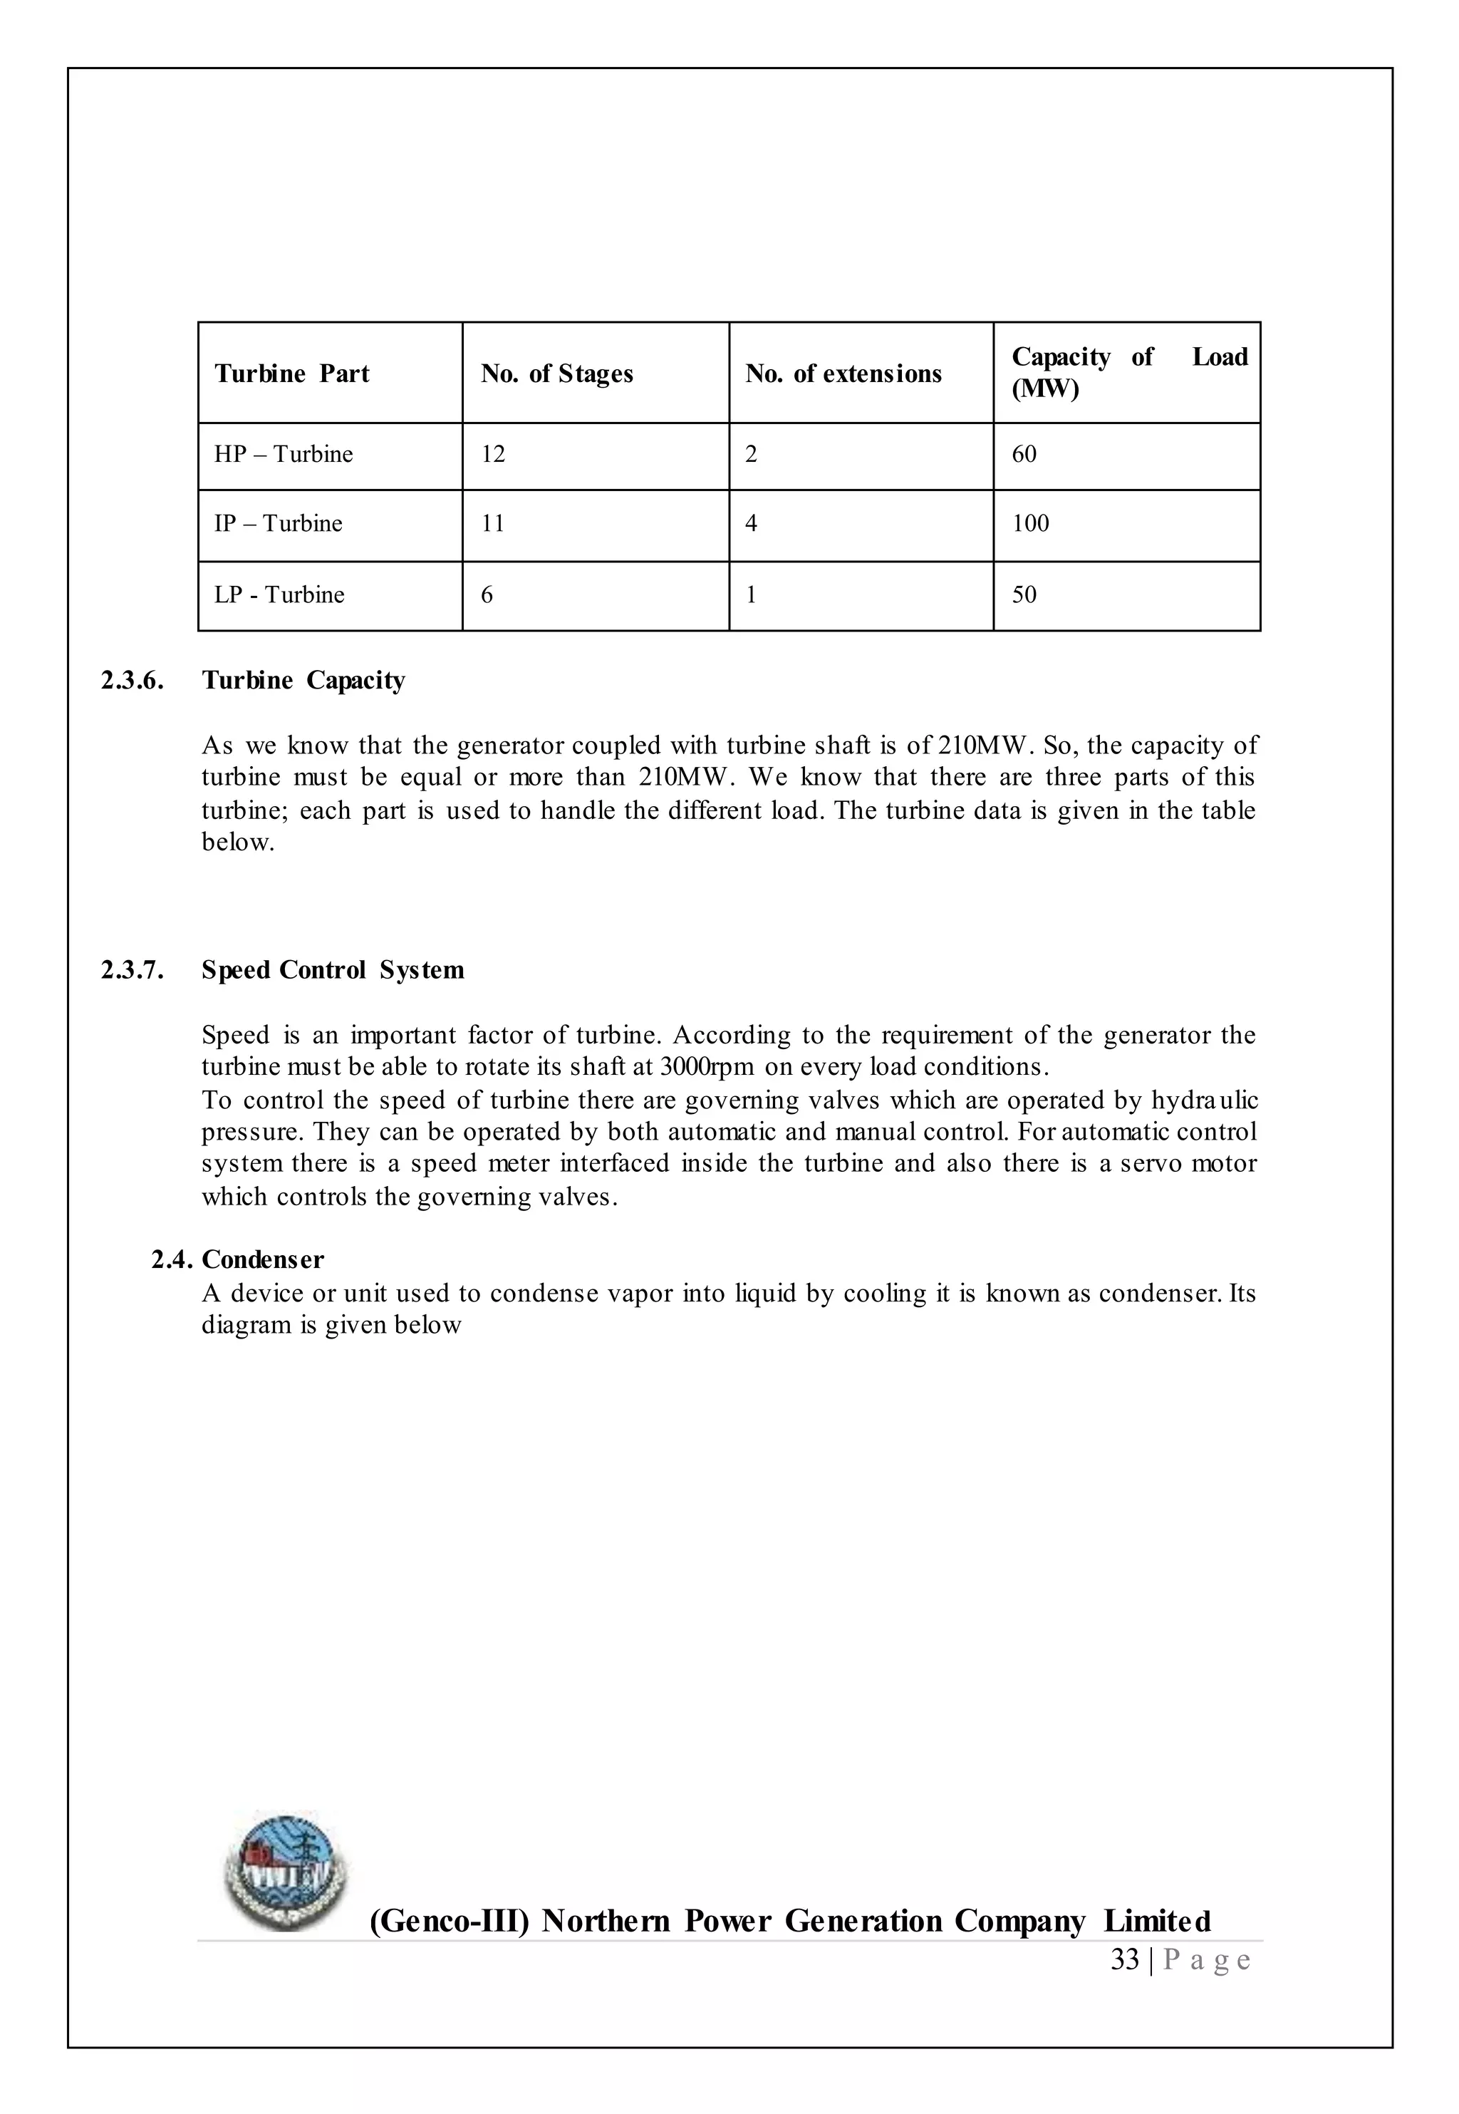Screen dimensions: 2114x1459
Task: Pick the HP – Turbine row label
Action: pyautogui.click(x=284, y=455)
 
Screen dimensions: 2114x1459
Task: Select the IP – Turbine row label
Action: pyautogui.click(x=278, y=524)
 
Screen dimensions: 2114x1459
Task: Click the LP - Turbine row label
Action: pyautogui.click(x=279, y=595)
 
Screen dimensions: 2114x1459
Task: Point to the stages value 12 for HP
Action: pyautogui.click(x=493, y=455)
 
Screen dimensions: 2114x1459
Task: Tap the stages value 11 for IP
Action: pyautogui.click(x=493, y=524)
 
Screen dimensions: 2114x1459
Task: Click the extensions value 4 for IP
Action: pyautogui.click(x=751, y=524)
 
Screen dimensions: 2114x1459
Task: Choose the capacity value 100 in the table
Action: pyautogui.click(x=1030, y=524)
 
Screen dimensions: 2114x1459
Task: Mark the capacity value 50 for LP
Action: pyautogui.click(x=1024, y=595)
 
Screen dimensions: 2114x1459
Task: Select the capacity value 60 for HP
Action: pyautogui.click(x=1024, y=455)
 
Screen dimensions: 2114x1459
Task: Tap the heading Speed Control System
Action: pyautogui.click(x=333, y=969)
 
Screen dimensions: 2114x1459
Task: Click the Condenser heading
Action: pyautogui.click(x=262, y=1259)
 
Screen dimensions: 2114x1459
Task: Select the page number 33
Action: pyautogui.click(x=1124, y=1960)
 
